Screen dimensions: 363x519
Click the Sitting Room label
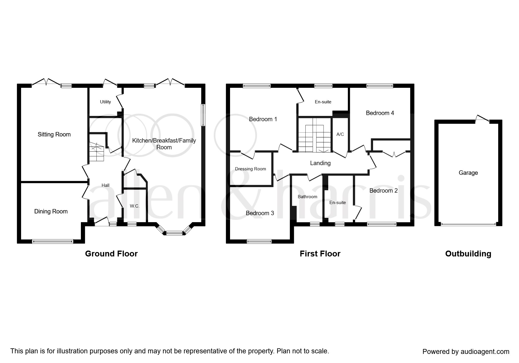[54, 134]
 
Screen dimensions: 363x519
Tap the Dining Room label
[51, 211]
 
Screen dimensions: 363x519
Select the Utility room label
[105, 102]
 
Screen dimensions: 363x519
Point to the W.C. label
[135, 206]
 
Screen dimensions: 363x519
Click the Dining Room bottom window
[52, 242]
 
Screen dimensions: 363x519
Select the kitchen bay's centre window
[174, 233]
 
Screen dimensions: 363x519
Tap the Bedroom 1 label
[263, 119]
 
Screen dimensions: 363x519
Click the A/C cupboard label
[340, 134]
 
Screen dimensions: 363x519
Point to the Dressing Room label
[250, 169]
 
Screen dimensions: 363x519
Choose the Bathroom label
[307, 197]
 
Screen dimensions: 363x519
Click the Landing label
[320, 163]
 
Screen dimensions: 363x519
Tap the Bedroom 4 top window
[380, 86]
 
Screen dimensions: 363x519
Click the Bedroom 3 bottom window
[259, 242]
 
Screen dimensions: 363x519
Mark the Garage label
[468, 173]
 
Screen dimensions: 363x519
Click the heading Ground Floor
[111, 254]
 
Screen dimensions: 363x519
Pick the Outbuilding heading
[468, 254]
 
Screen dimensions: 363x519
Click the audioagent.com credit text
[466, 352]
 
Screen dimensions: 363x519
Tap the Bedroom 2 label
[383, 191]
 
